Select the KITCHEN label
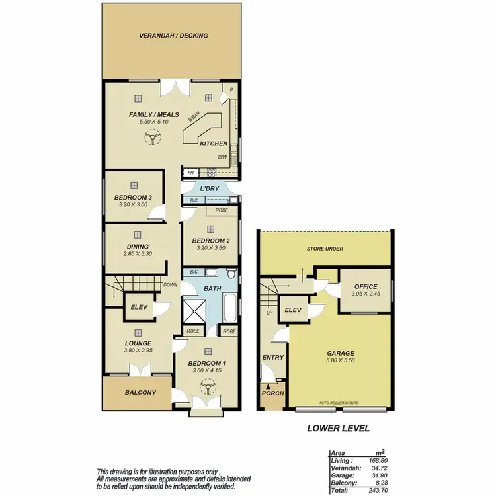click(214, 144)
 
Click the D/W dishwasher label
click(223, 157)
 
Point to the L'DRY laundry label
click(209, 189)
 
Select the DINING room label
click(138, 247)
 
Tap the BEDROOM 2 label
click(210, 241)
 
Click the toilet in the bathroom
click(229, 273)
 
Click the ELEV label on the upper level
click(139, 306)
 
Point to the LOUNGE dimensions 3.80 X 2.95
click(139, 351)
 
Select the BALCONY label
click(140, 392)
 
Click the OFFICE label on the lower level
click(364, 287)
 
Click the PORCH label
click(273, 393)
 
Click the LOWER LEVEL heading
click(337, 428)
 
